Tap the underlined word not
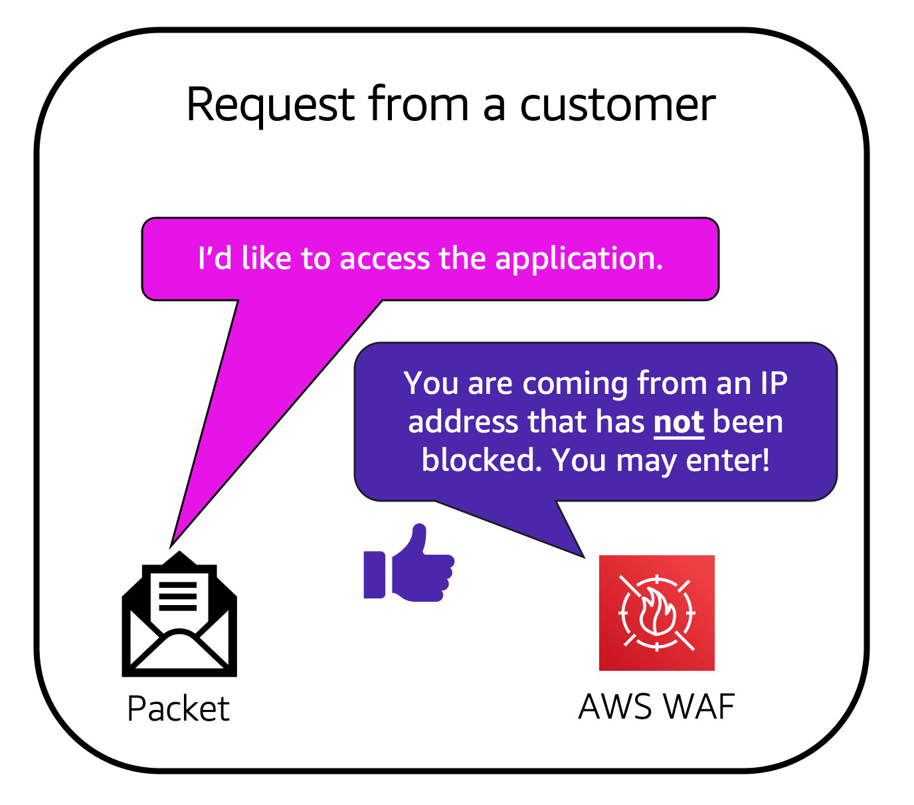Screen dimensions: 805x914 (678, 422)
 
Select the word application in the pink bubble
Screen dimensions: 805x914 (579, 258)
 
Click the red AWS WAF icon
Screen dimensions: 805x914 (656, 612)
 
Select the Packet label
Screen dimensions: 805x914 (178, 709)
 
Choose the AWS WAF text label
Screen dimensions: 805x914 (656, 707)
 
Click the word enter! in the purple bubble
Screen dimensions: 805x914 (728, 460)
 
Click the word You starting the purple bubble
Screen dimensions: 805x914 (430, 384)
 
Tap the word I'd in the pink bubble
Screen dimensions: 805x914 (215, 258)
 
